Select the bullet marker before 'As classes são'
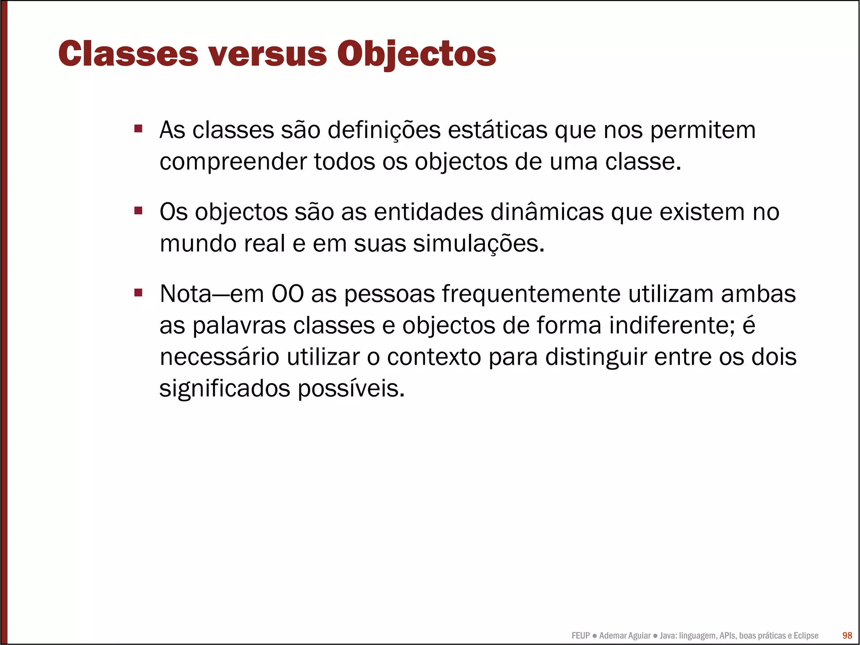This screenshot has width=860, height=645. [138, 128]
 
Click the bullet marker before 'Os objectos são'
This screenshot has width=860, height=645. [138, 210]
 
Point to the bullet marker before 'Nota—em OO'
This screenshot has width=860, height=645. [138, 292]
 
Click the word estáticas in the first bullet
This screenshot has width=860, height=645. [498, 130]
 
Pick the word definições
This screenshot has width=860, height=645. [384, 130]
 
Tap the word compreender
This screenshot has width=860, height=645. [233, 162]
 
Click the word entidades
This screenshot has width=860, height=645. [428, 212]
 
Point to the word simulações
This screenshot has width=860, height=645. [478, 244]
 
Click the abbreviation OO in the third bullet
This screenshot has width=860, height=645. [288, 294]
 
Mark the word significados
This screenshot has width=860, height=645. [225, 389]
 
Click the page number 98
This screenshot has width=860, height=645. [847, 635]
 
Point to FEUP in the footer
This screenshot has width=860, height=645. [580, 636]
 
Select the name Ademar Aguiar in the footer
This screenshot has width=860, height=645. [624, 636]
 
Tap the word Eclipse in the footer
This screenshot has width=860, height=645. [806, 636]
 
